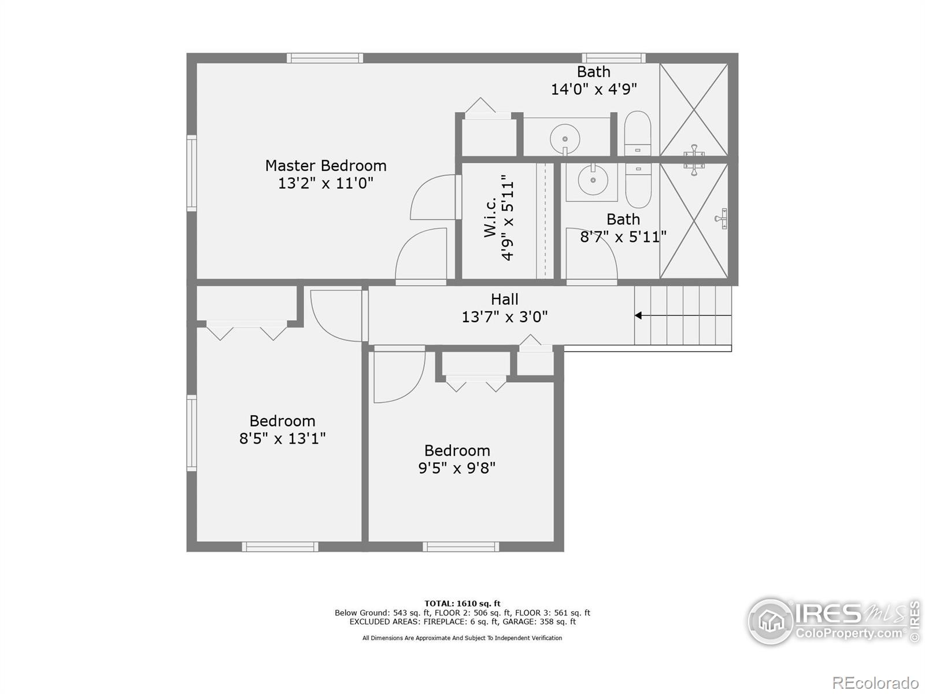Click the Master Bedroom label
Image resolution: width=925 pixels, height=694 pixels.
[x=325, y=165]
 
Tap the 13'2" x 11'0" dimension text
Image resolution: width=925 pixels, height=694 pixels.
[x=325, y=183]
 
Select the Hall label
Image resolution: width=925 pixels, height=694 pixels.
[x=504, y=299]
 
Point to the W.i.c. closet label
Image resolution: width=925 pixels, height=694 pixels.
[x=490, y=217]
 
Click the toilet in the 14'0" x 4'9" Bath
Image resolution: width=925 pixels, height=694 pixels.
[x=638, y=133]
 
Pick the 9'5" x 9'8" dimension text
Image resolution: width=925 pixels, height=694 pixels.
[x=457, y=468]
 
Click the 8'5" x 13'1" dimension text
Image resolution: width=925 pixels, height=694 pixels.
[x=282, y=438]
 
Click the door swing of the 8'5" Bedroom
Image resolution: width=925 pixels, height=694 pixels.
[x=335, y=315]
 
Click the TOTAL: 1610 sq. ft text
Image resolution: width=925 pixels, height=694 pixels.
[x=462, y=603]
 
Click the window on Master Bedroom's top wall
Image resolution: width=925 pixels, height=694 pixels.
[x=325, y=58]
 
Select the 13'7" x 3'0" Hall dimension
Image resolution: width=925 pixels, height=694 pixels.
[x=504, y=317]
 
